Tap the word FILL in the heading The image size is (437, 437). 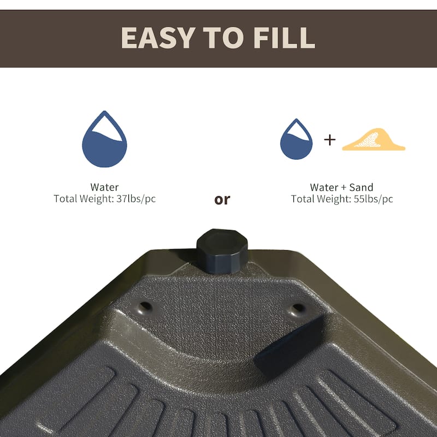(285, 37)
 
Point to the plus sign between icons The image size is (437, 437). (330, 140)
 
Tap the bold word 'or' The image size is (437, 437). (222, 199)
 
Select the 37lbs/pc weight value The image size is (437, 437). (136, 199)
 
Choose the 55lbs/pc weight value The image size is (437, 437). (373, 199)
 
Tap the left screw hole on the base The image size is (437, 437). (145, 306)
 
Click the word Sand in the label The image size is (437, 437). (363, 187)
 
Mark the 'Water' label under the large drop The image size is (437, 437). (104, 187)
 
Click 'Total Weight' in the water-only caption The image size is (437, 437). (83, 199)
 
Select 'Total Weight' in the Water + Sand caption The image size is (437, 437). (320, 199)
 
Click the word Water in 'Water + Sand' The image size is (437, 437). (324, 187)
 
